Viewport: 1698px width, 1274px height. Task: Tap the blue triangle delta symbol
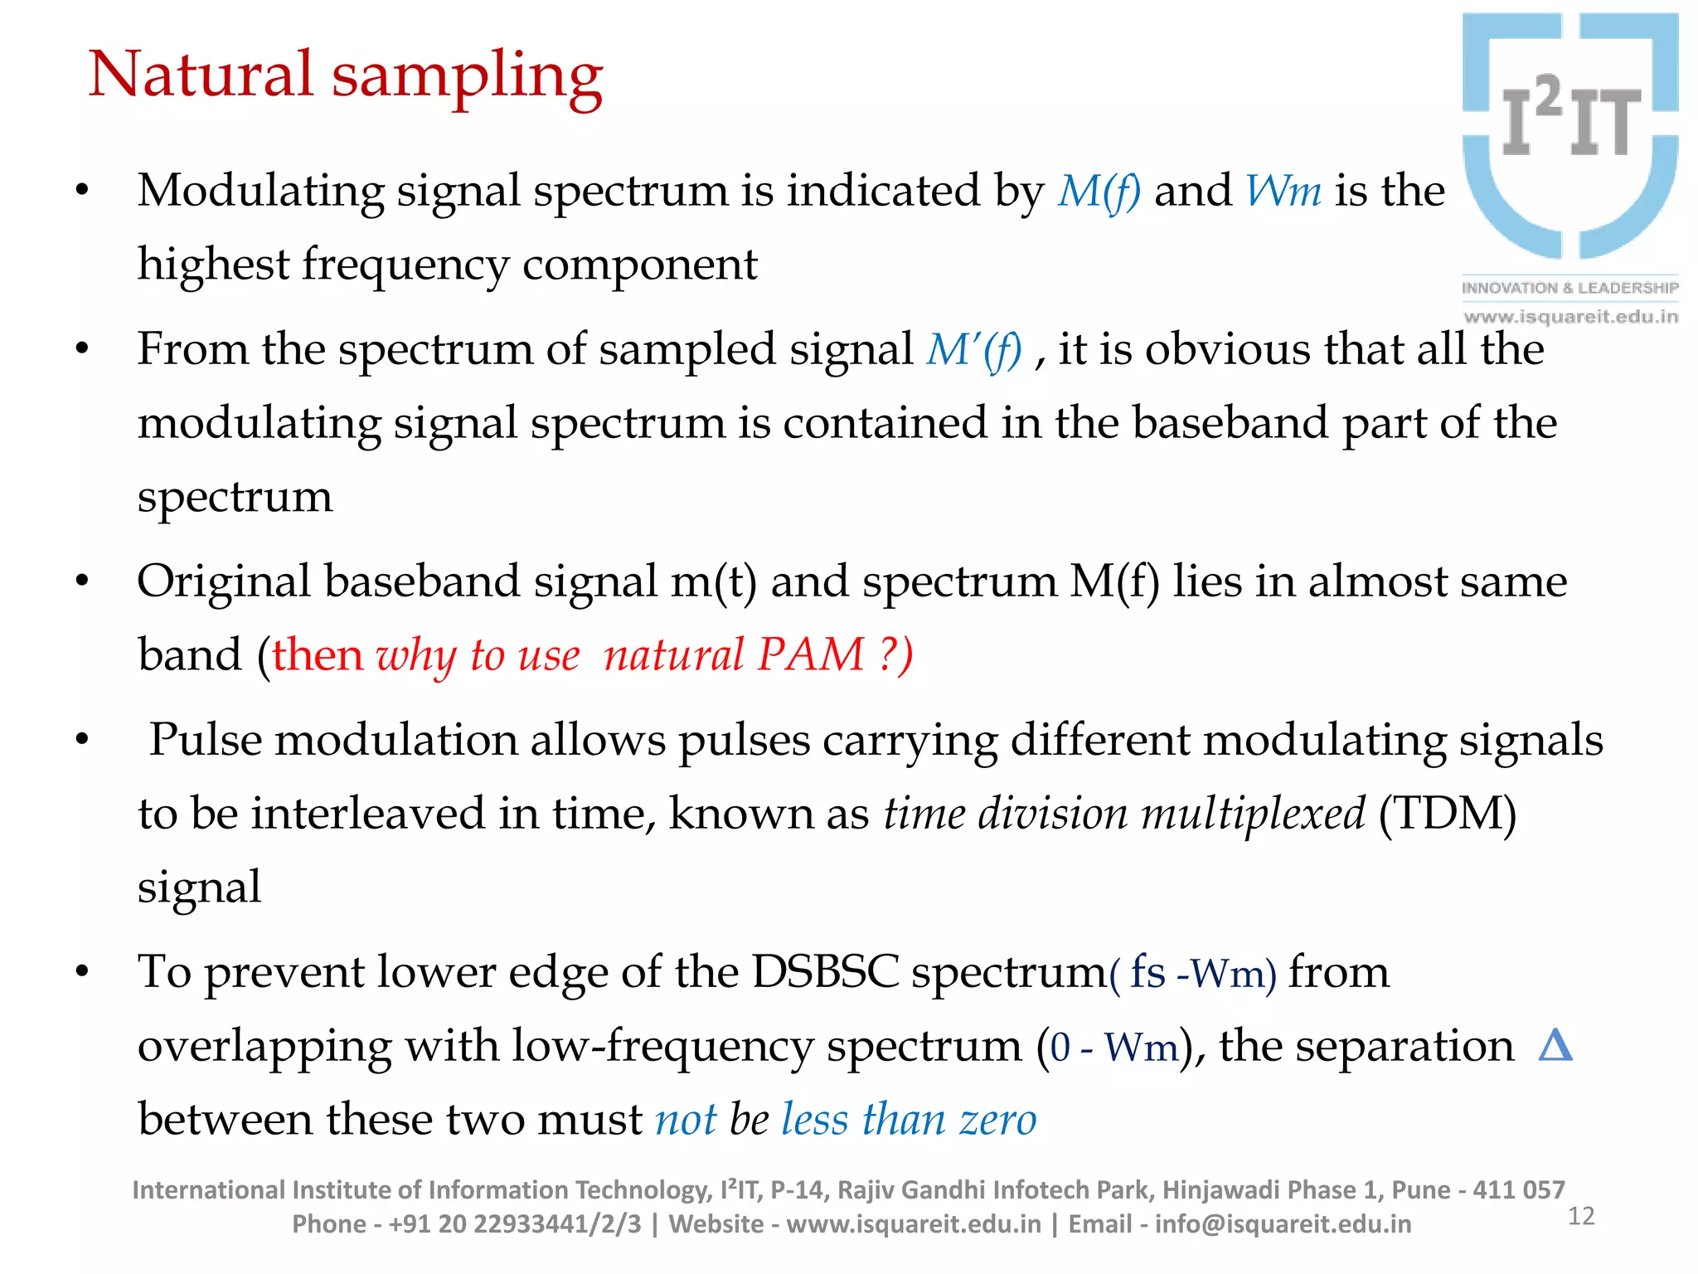1555,1046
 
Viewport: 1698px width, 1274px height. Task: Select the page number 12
1581,1217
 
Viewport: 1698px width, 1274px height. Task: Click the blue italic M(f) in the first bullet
1099,192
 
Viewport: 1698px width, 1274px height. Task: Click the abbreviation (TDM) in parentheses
1447,814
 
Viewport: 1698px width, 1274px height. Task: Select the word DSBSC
825,972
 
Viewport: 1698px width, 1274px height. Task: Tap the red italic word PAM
811,655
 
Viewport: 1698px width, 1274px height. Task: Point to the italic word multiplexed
1253,814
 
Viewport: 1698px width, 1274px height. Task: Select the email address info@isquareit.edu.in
1283,1224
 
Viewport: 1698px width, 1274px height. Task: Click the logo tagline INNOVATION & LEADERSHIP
1569,288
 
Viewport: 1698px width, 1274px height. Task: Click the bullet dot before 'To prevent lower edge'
81,972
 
